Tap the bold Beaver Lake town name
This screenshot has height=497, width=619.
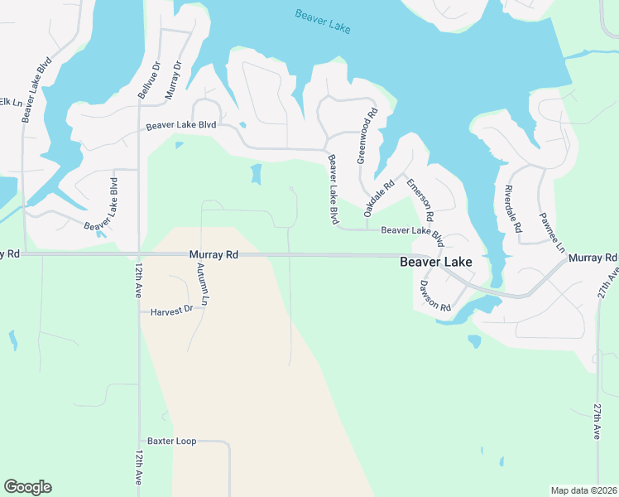436,262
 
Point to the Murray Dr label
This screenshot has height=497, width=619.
173,80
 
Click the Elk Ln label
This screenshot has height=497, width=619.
10,102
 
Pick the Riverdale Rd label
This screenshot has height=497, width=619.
512,210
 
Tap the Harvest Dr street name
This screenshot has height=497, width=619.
171,311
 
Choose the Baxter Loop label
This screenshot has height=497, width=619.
172,442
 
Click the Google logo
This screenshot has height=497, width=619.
27,487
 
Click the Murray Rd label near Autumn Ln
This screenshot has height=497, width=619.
214,255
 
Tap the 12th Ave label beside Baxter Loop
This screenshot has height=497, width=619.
138,468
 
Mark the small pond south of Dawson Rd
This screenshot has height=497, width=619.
474,340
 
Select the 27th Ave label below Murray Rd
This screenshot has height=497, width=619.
597,422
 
